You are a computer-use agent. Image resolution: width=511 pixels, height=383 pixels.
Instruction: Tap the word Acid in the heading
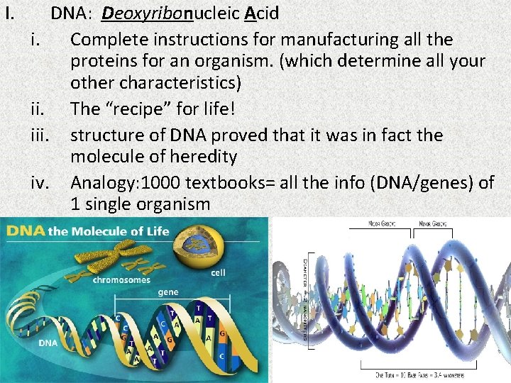(263, 13)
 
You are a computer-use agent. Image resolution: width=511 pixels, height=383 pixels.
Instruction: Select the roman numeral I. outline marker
(10, 13)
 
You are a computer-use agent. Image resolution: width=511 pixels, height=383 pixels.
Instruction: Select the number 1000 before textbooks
(160, 182)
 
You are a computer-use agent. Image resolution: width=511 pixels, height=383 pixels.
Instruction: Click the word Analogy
(101, 182)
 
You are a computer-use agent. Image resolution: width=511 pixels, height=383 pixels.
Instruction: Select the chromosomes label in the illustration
(121, 279)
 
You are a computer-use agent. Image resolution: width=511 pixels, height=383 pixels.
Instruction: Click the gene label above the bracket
(168, 292)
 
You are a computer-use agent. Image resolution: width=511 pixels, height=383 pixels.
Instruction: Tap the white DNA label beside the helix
(48, 343)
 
